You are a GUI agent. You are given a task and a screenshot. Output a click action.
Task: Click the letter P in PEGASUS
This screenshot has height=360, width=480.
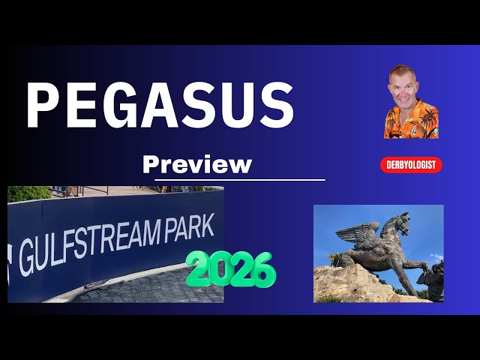(x=44, y=105)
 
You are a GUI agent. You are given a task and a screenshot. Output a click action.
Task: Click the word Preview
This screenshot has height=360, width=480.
(x=196, y=164)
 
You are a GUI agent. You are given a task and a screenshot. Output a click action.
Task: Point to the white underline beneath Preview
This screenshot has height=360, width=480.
(x=240, y=180)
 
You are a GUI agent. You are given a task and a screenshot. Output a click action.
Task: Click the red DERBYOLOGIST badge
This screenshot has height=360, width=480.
(x=411, y=165)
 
